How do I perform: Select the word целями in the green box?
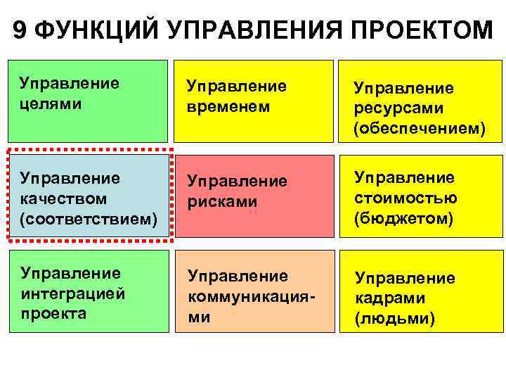coord(51,103)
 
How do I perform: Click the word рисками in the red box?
coord(222,201)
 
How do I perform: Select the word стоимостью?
coord(406,198)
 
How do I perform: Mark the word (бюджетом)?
coord(403,219)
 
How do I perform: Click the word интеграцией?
coord(72,293)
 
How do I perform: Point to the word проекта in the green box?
coord(53,313)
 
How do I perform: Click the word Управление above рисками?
coord(236,182)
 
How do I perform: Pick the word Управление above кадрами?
coord(404,278)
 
